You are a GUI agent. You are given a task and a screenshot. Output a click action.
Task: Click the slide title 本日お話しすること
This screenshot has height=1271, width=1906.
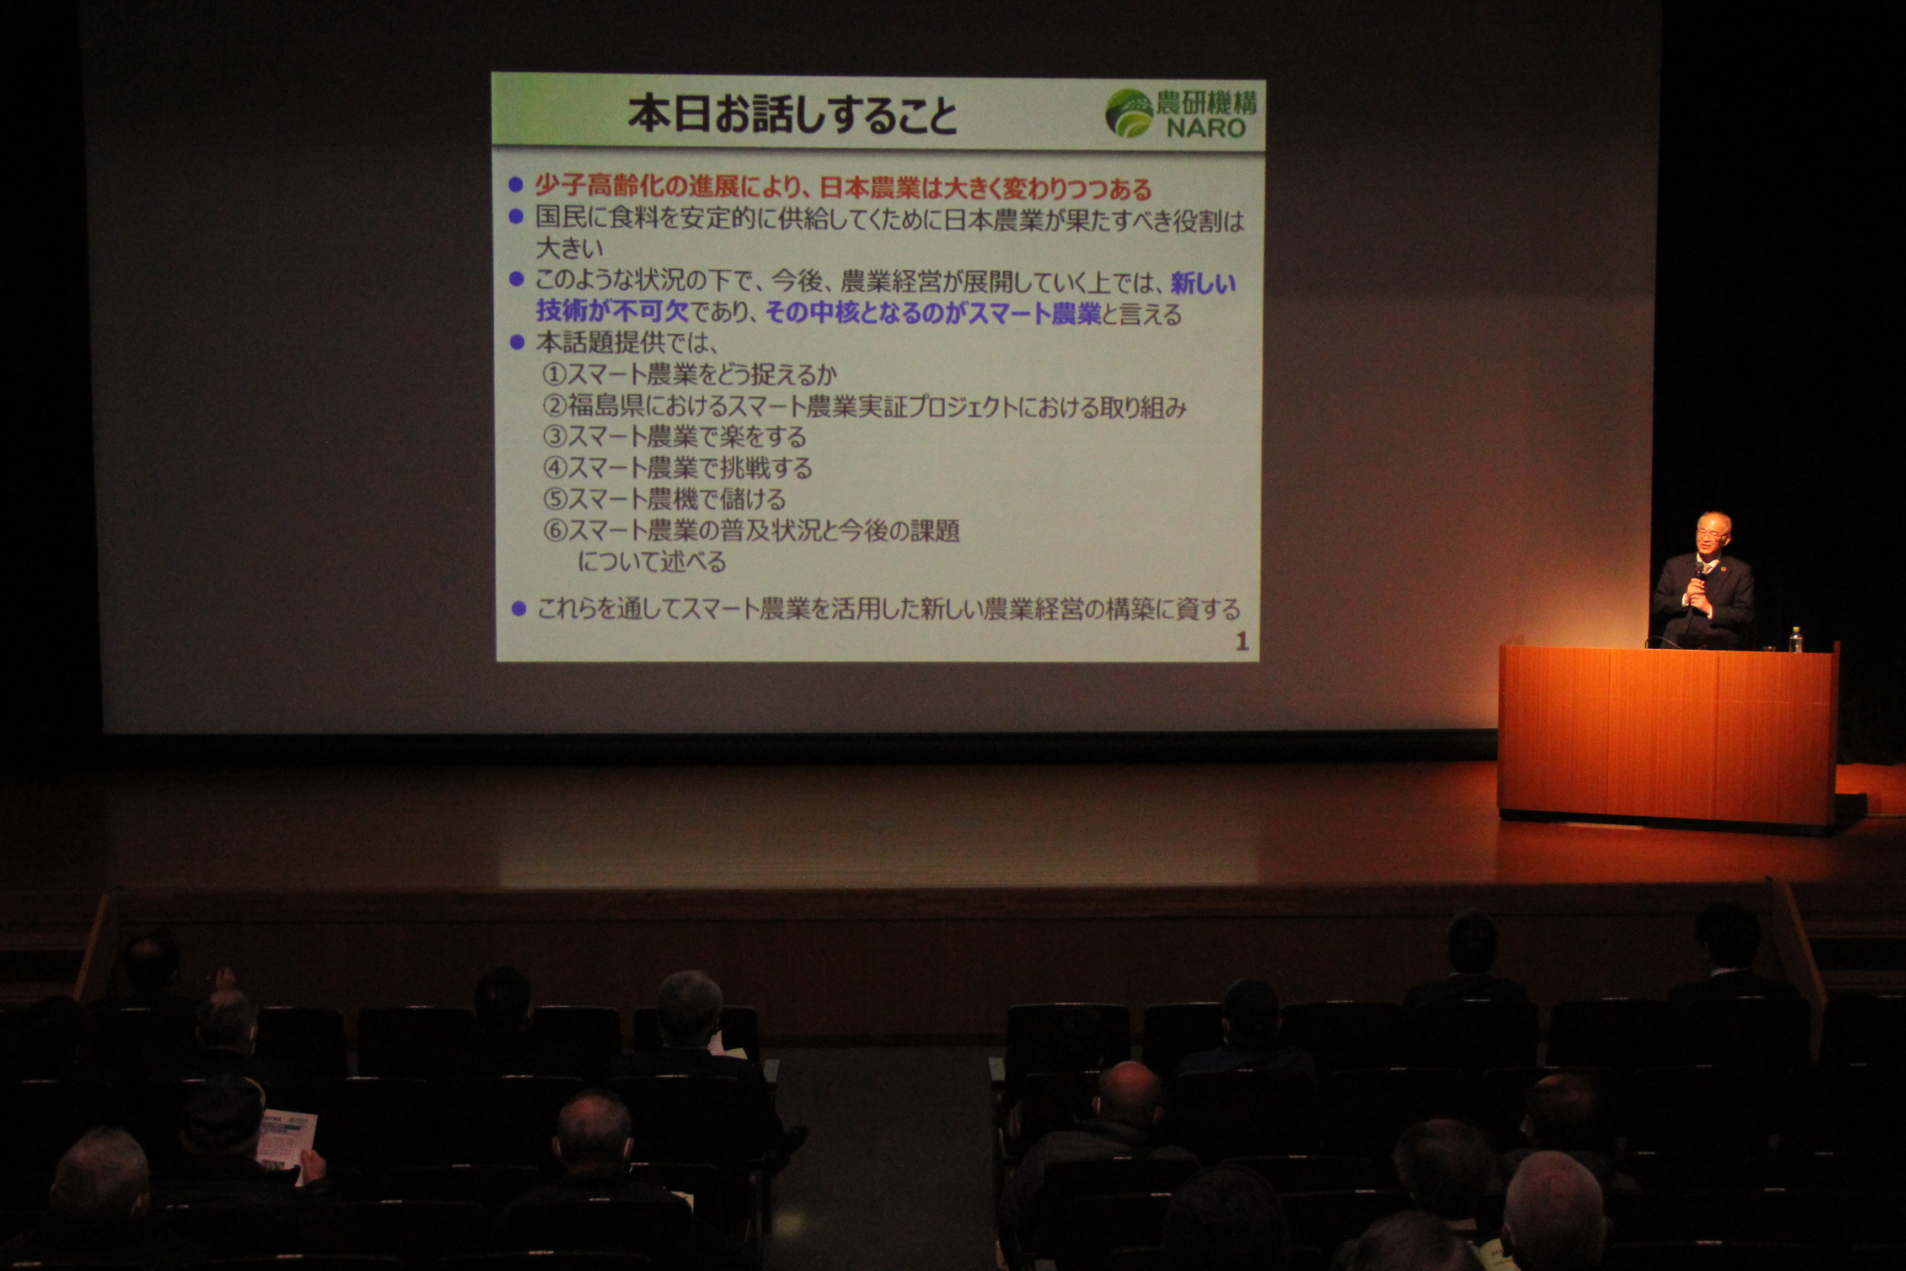coord(793,114)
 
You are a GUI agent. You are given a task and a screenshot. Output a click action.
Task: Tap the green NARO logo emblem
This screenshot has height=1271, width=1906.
coord(1129,113)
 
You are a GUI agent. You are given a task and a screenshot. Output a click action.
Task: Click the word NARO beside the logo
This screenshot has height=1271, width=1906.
coord(1206,127)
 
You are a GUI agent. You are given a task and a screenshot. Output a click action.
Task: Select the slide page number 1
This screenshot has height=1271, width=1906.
coord(1241,642)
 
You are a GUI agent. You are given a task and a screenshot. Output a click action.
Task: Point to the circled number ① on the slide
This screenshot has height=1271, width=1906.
coord(554,373)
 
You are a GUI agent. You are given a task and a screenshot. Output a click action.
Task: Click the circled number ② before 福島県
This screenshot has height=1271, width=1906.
coord(554,405)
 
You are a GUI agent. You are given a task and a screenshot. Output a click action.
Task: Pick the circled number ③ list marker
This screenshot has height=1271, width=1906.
coord(554,436)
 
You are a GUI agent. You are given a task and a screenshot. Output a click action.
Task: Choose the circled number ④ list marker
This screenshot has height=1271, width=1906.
coord(554,468)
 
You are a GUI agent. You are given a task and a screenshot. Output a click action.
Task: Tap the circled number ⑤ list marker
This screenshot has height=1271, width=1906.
coord(554,499)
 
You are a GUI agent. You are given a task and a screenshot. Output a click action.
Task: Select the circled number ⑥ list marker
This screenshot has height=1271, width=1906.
coord(554,530)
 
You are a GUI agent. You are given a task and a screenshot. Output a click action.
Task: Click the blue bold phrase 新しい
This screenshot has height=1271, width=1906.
coord(1203,283)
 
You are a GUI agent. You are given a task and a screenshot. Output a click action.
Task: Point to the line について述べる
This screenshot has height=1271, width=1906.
coord(651,561)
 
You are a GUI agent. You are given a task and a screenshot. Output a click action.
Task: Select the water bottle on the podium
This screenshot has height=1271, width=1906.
coord(1796,639)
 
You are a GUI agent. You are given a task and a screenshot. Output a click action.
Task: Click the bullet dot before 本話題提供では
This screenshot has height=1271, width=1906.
coord(517,342)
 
